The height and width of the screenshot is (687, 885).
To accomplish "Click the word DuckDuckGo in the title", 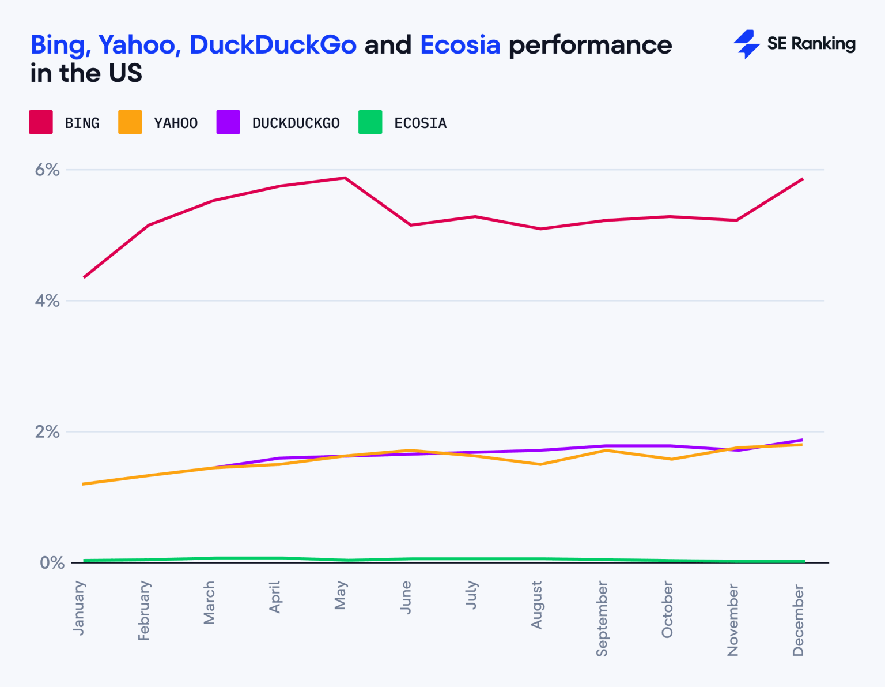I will (273, 45).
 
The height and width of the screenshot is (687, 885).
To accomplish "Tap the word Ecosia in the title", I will (460, 45).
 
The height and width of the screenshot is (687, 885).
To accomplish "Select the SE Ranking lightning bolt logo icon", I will (746, 44).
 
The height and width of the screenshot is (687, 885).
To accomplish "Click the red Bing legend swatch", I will (41, 122).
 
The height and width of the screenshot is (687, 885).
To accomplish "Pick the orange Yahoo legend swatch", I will (130, 122).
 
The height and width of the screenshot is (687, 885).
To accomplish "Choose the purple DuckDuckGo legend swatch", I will (228, 122).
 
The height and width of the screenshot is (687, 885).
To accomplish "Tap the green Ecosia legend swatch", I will (370, 122).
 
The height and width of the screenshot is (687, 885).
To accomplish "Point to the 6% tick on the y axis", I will (47, 170).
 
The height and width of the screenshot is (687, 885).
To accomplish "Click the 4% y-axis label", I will (47, 301).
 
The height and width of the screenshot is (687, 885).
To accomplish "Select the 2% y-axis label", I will (47, 431).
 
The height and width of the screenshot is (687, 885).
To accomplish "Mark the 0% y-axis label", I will (51, 562).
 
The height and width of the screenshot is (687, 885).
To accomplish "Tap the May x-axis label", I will (341, 595).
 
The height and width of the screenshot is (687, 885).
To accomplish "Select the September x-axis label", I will (602, 618).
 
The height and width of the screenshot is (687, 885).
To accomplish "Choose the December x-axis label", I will (798, 620).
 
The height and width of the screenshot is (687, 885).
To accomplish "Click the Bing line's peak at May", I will (345, 178).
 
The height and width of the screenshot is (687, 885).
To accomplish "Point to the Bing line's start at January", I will (84, 277).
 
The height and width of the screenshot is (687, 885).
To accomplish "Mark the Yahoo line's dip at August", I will (540, 464).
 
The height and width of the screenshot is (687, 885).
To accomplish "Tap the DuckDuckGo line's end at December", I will (802, 440).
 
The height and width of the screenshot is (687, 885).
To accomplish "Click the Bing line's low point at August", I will (540, 229).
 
